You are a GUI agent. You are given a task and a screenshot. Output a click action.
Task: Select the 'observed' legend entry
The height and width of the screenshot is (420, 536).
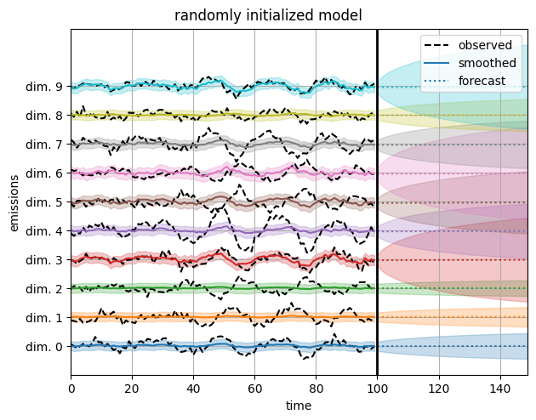click(x=484, y=45)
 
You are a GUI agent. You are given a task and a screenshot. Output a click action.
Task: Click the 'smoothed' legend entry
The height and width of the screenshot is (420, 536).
click(x=487, y=63)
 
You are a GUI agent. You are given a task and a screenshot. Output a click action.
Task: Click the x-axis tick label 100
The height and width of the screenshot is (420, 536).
click(x=377, y=388)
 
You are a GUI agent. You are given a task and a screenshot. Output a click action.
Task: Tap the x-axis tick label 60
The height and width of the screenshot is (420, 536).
click(x=254, y=388)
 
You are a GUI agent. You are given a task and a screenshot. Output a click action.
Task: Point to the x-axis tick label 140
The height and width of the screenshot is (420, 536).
click(x=500, y=388)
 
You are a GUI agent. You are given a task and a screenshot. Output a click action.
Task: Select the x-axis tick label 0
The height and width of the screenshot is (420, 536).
click(x=71, y=388)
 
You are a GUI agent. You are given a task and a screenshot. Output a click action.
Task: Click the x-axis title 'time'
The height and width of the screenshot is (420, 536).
click(x=299, y=406)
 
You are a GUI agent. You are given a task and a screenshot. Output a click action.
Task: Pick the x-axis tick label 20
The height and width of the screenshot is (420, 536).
click(x=132, y=388)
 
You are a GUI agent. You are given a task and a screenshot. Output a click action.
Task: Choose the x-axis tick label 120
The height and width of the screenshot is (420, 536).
click(x=439, y=388)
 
